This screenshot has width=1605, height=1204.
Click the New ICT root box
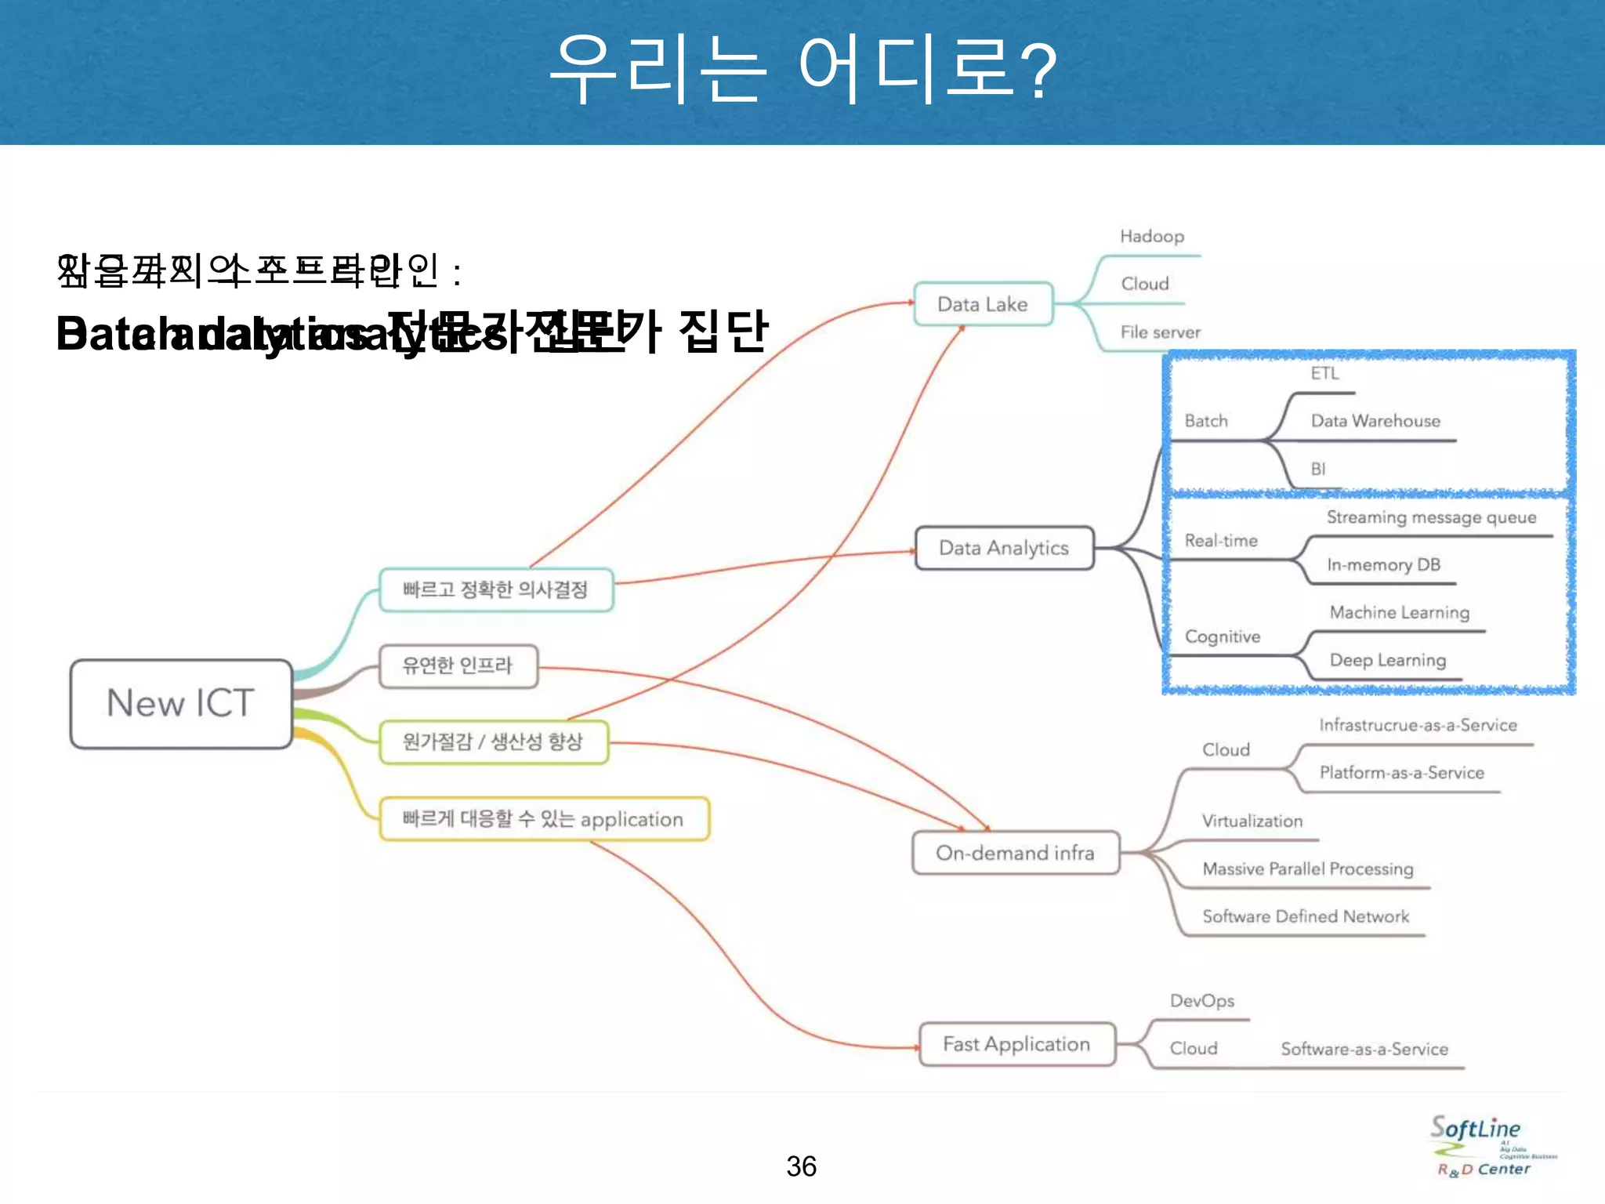181,703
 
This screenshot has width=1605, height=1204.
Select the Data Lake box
983,304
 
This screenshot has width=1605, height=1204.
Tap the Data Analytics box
1004,548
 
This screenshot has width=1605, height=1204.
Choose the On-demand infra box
1016,853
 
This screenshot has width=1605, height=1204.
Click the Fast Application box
1016,1044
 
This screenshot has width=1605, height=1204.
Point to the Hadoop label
1152,237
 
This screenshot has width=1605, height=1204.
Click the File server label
1160,332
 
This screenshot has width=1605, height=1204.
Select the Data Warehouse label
1375,421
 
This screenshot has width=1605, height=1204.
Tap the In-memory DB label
1383,564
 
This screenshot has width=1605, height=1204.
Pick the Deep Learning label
1387,660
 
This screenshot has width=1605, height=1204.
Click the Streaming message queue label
1431,517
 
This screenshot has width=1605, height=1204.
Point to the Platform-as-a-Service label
1401,773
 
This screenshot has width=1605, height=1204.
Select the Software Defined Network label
1306,916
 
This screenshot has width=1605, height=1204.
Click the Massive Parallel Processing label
1307,869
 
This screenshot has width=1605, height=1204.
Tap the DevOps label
1201,1001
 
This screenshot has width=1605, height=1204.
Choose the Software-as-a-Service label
1364,1049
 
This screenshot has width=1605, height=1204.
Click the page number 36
801,1166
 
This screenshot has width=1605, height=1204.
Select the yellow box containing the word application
544,819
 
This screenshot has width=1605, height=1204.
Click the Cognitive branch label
1223,636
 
